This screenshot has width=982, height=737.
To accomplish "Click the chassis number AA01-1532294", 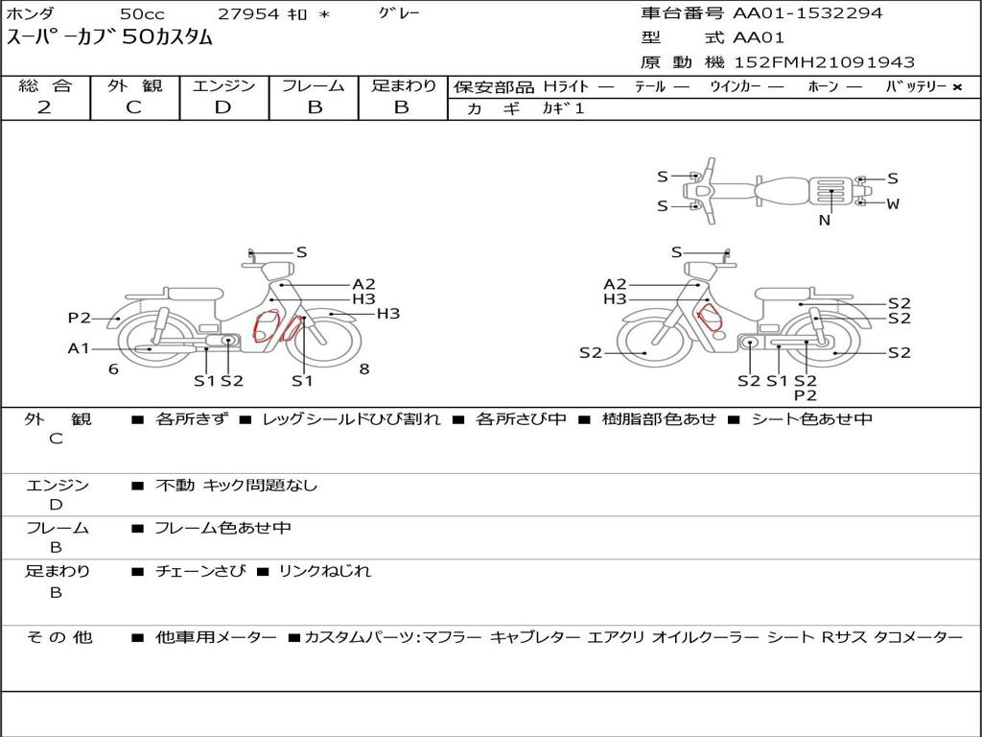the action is click(807, 13).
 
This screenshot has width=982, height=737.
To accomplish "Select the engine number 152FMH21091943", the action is click(824, 62).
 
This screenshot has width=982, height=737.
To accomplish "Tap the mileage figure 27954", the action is click(248, 13).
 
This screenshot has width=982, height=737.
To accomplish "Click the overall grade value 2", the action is click(44, 107).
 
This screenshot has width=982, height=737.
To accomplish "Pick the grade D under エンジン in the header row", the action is click(222, 107).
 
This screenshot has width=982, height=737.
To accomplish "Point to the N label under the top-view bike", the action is click(825, 220).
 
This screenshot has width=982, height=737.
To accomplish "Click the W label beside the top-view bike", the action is click(893, 203).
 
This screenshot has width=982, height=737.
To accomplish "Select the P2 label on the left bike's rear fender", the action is click(80, 318).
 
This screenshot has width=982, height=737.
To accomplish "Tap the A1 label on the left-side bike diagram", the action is click(79, 347).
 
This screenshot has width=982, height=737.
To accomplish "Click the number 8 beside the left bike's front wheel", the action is click(364, 369).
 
